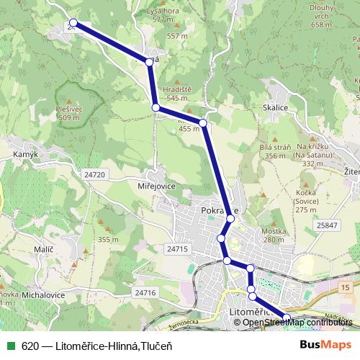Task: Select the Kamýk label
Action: [25, 155]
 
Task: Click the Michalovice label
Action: [42, 295]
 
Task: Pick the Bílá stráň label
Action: [264, 147]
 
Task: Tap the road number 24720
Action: [94, 174]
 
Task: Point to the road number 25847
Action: [326, 225]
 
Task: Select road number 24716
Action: [145, 292]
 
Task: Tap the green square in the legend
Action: [10, 346]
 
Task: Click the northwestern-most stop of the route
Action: [73, 24]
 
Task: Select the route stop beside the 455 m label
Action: [203, 124]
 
